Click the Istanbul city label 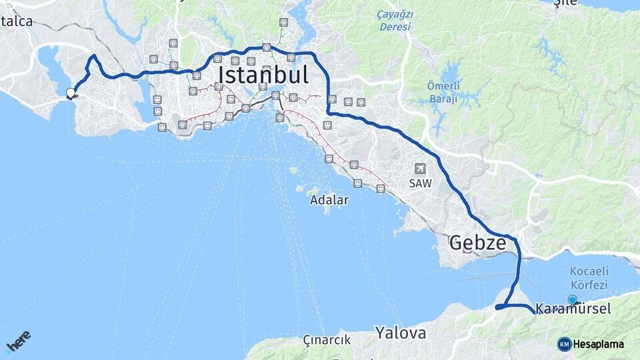[x=263, y=75]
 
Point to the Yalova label [x=400, y=332]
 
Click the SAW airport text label [x=421, y=182]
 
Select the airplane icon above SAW [x=420, y=169]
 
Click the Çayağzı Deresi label [x=395, y=21]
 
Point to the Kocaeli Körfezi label [x=590, y=278]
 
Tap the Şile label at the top [x=567, y=3]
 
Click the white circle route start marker [x=70, y=93]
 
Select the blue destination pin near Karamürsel [x=572, y=299]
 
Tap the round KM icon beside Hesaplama [x=564, y=344]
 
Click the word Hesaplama [x=599, y=344]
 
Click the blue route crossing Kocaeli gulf [x=518, y=273]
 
